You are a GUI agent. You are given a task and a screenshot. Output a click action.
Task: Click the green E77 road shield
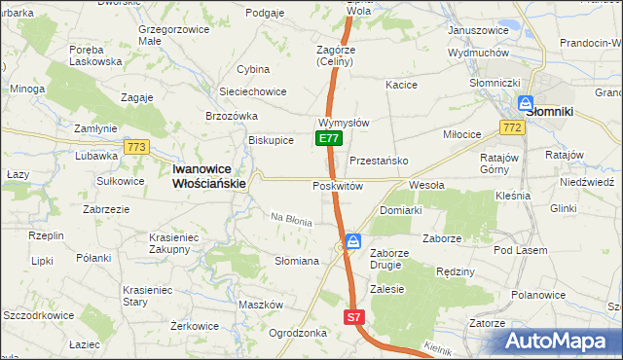pyautogui.click(x=328, y=139)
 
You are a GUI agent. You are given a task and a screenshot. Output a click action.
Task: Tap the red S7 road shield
pyautogui.click(x=354, y=317)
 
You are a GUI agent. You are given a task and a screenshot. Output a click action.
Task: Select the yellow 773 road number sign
pyautogui.click(x=136, y=147)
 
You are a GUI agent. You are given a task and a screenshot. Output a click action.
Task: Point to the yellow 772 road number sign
pyautogui.click(x=509, y=127)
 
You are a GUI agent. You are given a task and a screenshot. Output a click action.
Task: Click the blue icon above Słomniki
pyautogui.click(x=526, y=102)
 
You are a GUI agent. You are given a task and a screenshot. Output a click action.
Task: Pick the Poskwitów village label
pyautogui.click(x=338, y=186)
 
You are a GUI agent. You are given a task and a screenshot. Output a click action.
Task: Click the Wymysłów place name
pyautogui.click(x=343, y=124)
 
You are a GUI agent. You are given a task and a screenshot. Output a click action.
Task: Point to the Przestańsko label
pyautogui.click(x=378, y=161)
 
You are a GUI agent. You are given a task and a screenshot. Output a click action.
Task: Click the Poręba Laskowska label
pyautogui.click(x=95, y=54)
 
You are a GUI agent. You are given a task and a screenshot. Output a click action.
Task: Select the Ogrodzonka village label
pyautogui.click(x=298, y=332)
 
